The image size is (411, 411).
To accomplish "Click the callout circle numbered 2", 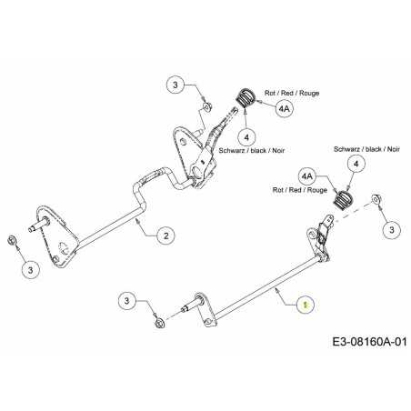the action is pos(166,236).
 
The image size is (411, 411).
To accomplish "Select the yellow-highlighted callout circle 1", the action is pos(306,304).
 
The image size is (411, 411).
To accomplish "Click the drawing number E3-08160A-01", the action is pos(369,342).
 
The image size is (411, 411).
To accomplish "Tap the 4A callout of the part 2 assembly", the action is pos(284,108).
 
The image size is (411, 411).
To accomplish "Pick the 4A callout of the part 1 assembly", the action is pos(307,175).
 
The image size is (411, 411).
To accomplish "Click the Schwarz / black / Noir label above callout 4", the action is pos(366,149).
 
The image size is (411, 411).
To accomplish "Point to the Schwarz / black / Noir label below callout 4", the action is pos(252,150).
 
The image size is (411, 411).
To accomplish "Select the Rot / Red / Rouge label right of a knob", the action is pos(292,93).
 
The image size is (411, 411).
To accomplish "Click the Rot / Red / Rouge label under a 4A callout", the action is pos(300,190).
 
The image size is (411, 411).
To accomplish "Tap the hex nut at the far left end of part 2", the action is pos(12,239).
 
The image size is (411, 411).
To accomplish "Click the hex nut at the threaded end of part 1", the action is pos(158,323).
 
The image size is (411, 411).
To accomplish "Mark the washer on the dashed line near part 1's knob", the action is pos(376,199).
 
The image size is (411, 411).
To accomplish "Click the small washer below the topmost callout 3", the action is pos(207,106).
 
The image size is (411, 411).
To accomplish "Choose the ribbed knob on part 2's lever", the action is pos(246,97).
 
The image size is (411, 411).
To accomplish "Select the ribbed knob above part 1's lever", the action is pos(344,199).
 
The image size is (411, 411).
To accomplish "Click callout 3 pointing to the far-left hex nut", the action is pos(31,270).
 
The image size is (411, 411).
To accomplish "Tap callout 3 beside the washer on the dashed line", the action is pos(392,229).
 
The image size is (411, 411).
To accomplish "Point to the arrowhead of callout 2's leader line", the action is pos(138,220).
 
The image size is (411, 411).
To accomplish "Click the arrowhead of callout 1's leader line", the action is pos(276,290).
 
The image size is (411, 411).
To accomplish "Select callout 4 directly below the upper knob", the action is pos(246,137).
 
